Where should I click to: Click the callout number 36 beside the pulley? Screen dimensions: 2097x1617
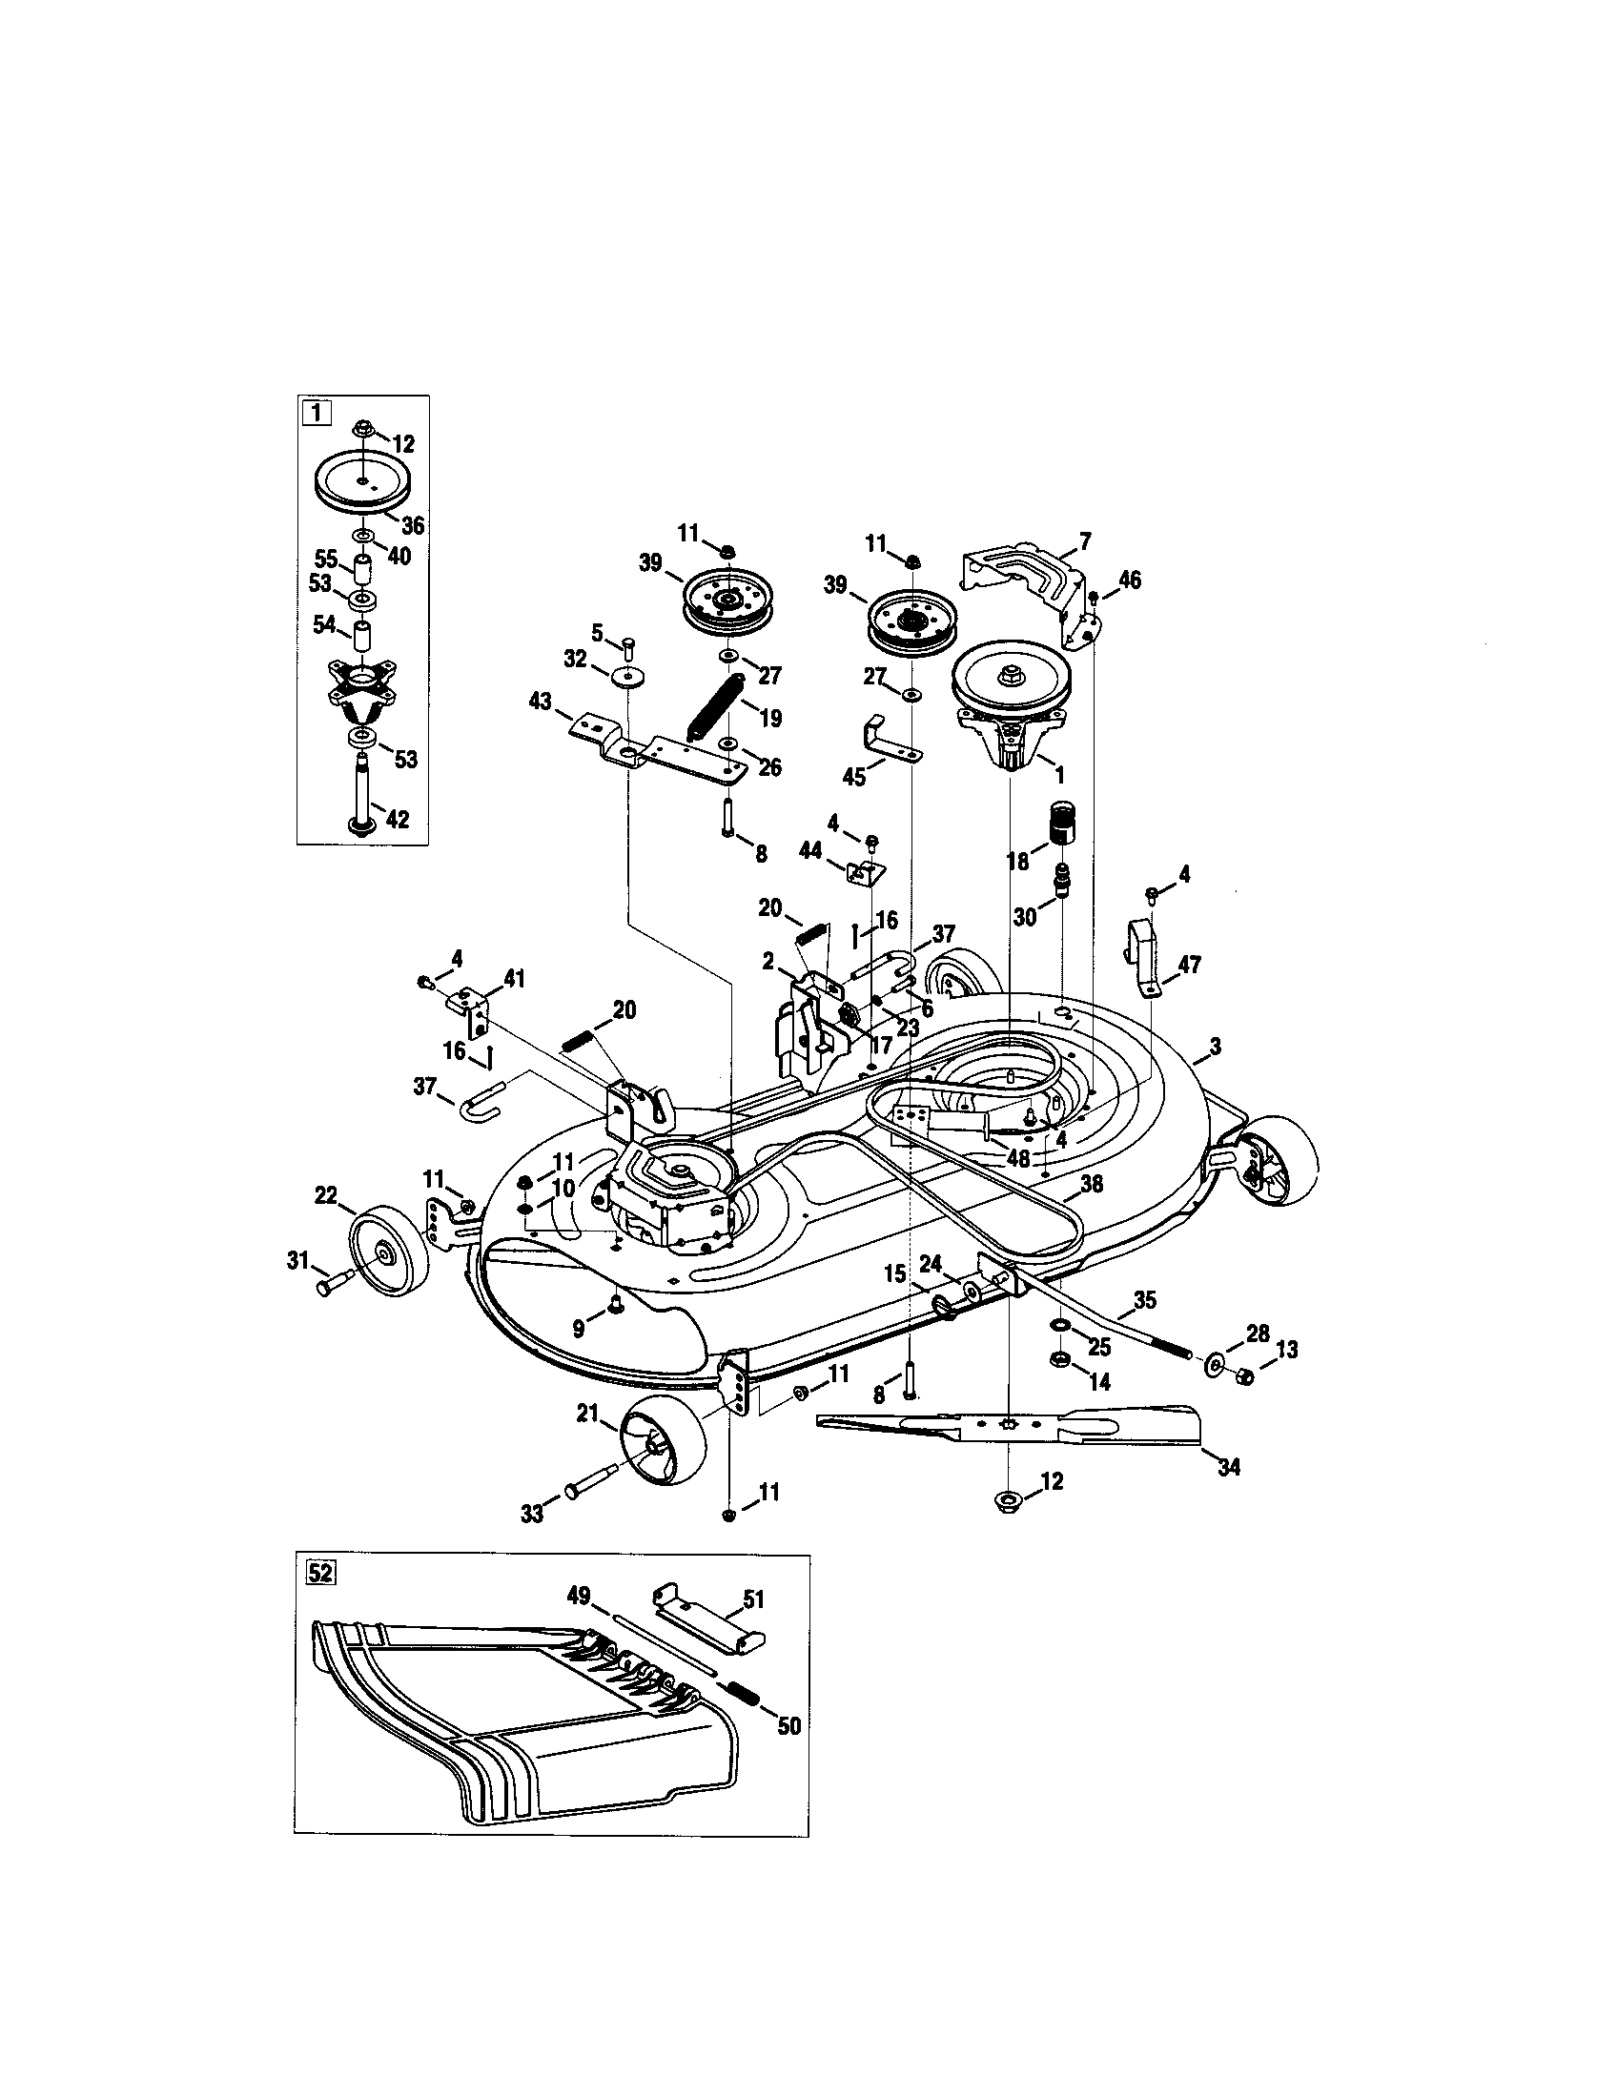(x=413, y=525)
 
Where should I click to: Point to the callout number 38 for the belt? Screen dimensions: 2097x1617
(x=1091, y=1185)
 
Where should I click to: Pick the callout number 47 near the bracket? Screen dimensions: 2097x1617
(x=1189, y=964)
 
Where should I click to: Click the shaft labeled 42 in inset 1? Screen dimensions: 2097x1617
(x=367, y=793)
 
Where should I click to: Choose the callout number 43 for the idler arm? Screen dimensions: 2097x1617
(x=541, y=702)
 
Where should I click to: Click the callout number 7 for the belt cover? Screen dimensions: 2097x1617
(x=1085, y=541)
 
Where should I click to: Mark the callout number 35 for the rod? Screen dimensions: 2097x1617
(x=1144, y=1300)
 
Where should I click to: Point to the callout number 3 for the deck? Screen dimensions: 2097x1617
(x=1215, y=1047)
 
